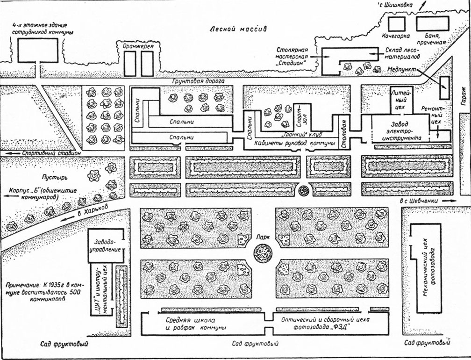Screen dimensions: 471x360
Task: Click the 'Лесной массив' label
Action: (x=238, y=29)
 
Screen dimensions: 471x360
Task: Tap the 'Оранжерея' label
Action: (x=138, y=46)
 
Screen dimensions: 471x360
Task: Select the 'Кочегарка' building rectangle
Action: (x=396, y=24)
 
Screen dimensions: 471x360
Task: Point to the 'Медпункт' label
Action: (x=402, y=69)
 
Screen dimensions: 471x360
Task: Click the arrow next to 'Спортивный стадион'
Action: (x=13, y=153)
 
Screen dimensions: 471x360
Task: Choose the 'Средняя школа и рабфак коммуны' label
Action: (x=195, y=324)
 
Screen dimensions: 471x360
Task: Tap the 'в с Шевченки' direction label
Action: (x=419, y=201)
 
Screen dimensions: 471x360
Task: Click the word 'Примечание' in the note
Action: (x=23, y=285)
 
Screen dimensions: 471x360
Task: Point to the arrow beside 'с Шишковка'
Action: (x=422, y=6)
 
